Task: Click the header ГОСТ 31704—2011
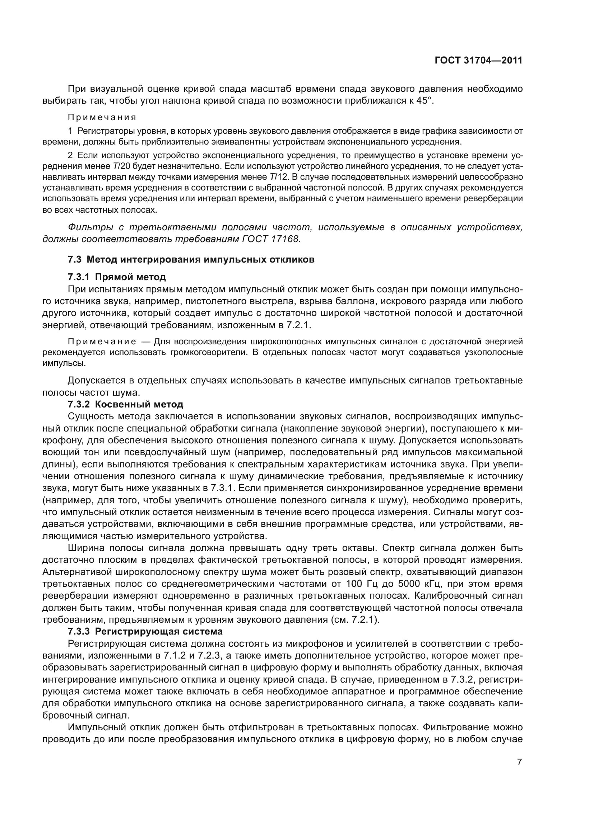478,61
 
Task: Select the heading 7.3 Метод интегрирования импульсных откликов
191,260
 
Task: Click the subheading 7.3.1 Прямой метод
117,277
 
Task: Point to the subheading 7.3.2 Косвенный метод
125,405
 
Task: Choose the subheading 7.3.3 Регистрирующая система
145,631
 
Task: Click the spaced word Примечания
102,118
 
